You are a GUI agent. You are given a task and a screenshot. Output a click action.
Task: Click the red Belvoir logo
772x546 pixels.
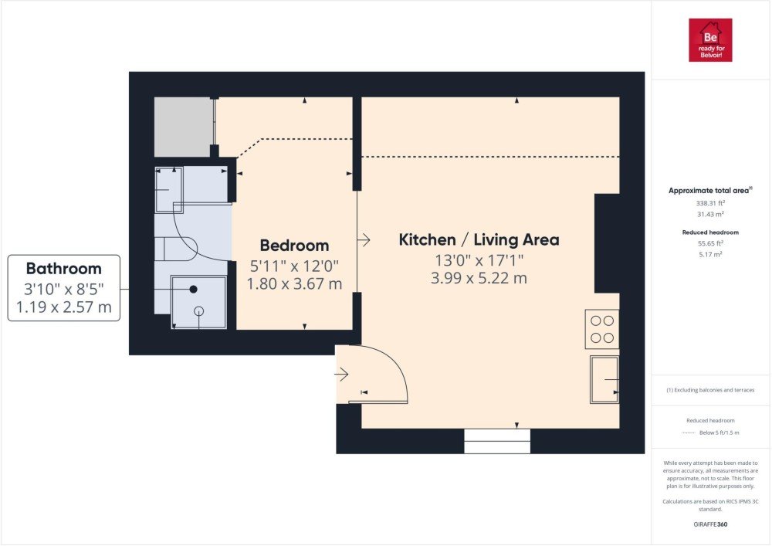click(710, 40)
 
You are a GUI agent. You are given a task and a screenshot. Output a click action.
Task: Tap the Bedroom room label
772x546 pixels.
click(294, 245)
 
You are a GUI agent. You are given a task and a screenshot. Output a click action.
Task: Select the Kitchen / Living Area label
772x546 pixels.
click(479, 239)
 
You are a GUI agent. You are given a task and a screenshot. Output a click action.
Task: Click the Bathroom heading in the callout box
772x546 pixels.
click(64, 268)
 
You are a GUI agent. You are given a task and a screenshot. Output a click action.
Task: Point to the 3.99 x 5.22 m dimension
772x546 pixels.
click(479, 278)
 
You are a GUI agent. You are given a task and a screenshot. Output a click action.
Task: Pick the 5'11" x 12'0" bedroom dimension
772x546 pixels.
click(294, 266)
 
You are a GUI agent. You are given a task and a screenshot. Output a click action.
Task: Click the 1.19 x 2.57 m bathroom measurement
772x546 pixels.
click(64, 307)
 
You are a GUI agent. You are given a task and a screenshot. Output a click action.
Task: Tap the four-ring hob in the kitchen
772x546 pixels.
click(602, 329)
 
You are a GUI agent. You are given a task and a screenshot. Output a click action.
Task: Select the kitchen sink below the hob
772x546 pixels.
click(604, 380)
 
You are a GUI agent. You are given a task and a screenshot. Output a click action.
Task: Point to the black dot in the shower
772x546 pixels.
click(194, 290)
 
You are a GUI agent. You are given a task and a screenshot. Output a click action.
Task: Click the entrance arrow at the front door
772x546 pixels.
click(342, 375)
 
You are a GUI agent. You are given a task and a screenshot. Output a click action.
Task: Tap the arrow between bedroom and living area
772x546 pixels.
click(364, 240)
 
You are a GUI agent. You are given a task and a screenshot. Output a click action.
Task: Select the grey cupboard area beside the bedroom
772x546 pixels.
click(183, 127)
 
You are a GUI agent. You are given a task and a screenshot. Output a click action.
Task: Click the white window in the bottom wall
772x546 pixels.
click(497, 441)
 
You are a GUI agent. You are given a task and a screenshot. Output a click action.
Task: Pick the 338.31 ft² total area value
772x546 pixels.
click(710, 203)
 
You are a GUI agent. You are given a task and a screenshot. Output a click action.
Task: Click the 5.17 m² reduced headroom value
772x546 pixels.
click(710, 255)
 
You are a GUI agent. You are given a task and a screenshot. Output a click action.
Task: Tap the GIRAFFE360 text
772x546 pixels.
click(710, 524)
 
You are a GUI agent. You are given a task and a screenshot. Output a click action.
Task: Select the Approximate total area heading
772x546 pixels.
click(710, 190)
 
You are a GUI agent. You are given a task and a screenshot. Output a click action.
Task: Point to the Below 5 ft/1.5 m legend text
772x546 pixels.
click(719, 432)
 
